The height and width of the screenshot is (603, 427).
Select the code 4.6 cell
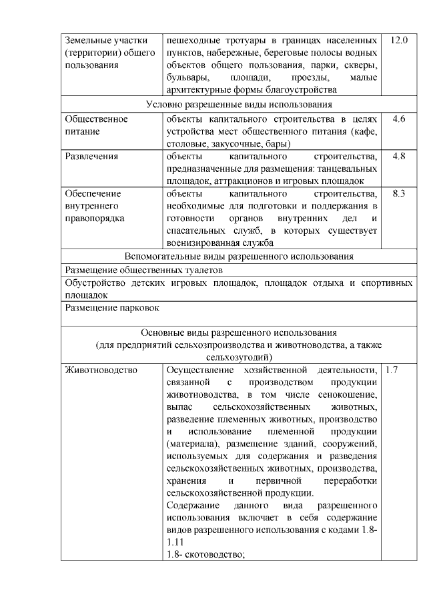[399, 119]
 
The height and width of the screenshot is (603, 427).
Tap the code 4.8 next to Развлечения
[399, 157]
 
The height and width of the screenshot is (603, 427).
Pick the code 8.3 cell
[399, 194]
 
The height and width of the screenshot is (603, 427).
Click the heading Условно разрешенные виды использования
[238, 104]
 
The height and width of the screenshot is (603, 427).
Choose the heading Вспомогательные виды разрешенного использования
[238, 257]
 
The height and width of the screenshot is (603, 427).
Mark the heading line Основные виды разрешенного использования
[238, 332]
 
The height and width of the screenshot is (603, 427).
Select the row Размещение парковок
[113, 308]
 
